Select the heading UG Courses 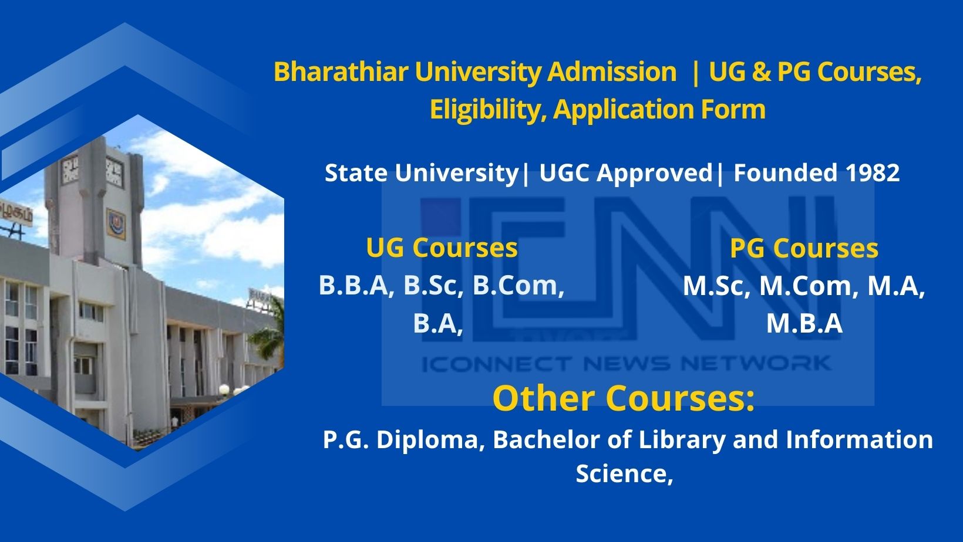[x=442, y=248]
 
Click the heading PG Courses [x=804, y=248]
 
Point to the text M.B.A [x=804, y=324]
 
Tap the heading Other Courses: [x=623, y=398]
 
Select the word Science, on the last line [x=624, y=473]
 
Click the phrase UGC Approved [x=625, y=173]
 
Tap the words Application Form [x=659, y=110]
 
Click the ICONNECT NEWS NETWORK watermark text [x=626, y=364]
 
